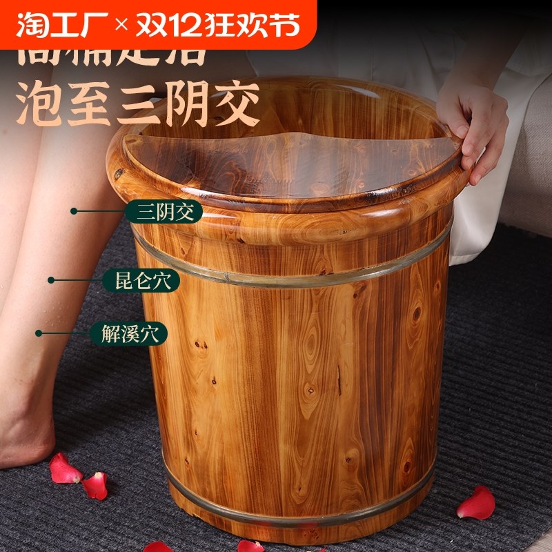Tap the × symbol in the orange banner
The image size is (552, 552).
click(x=121, y=26)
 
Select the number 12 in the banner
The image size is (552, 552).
click(x=198, y=25)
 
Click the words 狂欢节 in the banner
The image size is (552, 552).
click(x=262, y=25)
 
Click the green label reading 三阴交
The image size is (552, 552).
click(x=164, y=211)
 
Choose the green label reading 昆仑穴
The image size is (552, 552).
click(x=141, y=280)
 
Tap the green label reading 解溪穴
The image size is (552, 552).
click(x=129, y=335)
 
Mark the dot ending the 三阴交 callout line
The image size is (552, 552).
click(x=74, y=211)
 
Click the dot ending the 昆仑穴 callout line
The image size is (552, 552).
click(x=50, y=280)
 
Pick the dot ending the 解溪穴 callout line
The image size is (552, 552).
click(x=39, y=334)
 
